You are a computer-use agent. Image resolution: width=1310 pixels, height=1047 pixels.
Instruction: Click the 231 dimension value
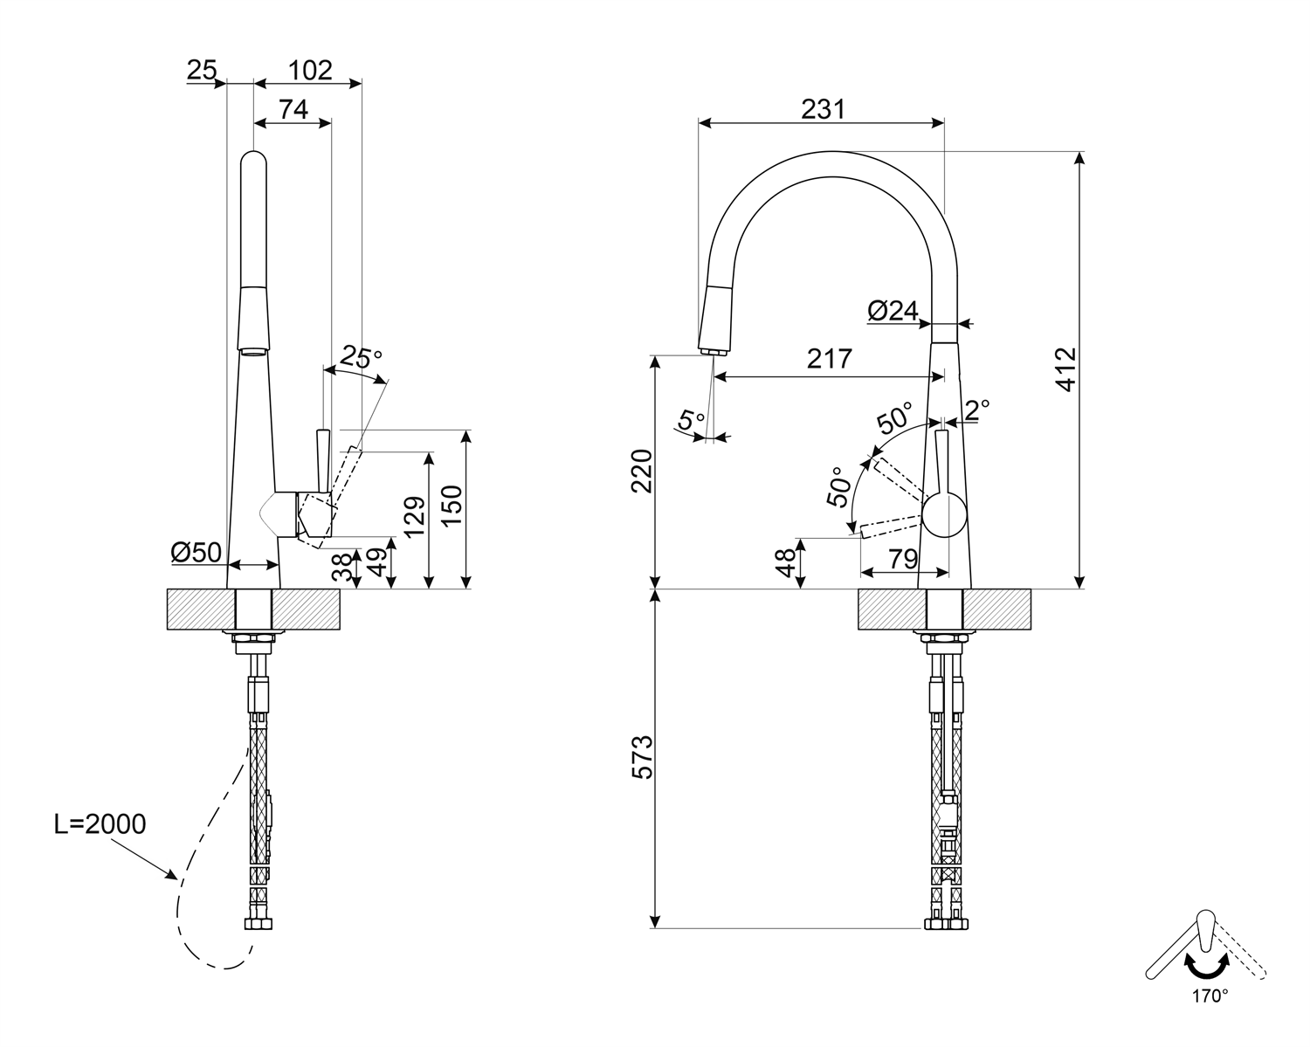(824, 109)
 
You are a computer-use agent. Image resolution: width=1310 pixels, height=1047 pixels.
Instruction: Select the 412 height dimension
(1066, 369)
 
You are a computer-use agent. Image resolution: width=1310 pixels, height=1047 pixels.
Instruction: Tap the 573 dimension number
(641, 758)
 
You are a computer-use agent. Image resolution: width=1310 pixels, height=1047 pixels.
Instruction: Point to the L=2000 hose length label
(100, 823)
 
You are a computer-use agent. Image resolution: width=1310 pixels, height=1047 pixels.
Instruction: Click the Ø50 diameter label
(196, 552)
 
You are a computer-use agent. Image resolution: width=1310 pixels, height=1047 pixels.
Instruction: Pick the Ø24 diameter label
(893, 310)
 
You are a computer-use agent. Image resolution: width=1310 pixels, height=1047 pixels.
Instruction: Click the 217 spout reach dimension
(829, 359)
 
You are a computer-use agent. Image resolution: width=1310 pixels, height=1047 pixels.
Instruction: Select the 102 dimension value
(310, 70)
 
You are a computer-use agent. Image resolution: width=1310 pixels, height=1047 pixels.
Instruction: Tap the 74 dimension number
(293, 110)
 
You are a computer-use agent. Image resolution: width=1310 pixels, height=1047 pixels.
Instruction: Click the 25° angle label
(361, 356)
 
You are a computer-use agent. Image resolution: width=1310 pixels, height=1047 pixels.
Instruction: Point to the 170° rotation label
(1210, 995)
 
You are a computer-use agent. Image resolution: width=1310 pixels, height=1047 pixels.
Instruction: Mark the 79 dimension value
(902, 556)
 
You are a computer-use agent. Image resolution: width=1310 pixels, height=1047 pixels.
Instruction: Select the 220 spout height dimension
(642, 471)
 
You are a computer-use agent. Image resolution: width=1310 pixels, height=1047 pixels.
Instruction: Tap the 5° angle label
(692, 419)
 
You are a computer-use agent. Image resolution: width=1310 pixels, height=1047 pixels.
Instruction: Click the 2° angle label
(977, 408)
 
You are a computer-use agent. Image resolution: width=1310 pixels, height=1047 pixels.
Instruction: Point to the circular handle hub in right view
(944, 514)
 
